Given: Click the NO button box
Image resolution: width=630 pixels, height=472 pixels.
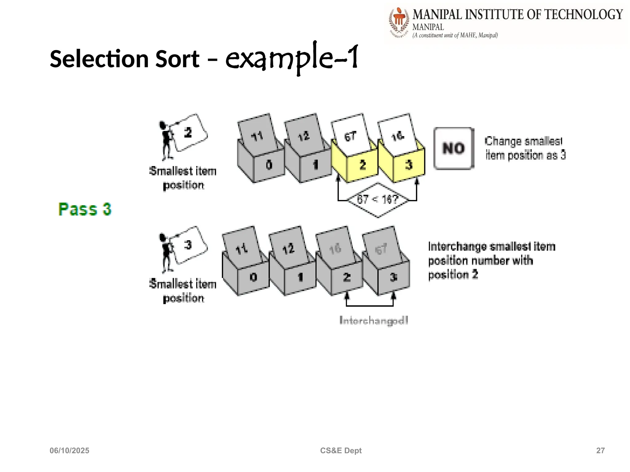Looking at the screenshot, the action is (454, 148).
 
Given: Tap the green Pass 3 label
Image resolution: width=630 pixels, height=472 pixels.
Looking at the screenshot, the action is (85, 209).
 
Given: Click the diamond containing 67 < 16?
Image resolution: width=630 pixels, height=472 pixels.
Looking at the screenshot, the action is (378, 200).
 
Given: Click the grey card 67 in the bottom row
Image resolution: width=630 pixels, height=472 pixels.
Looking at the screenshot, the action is (381, 248).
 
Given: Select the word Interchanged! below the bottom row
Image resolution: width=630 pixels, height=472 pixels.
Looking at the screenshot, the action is (374, 321).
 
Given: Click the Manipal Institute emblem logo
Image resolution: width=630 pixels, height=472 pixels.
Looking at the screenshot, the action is (399, 22).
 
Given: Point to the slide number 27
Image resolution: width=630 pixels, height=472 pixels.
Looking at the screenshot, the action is (600, 450).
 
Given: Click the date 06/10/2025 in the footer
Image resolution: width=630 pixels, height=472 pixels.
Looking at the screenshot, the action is (70, 450).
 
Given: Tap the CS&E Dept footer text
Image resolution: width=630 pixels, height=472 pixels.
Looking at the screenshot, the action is (341, 450).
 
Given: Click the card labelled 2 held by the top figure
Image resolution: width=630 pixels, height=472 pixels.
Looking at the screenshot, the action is (188, 133).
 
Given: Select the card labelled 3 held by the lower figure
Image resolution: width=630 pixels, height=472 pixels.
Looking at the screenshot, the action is (188, 245).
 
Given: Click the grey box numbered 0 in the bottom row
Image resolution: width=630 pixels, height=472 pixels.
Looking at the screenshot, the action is (253, 277).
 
